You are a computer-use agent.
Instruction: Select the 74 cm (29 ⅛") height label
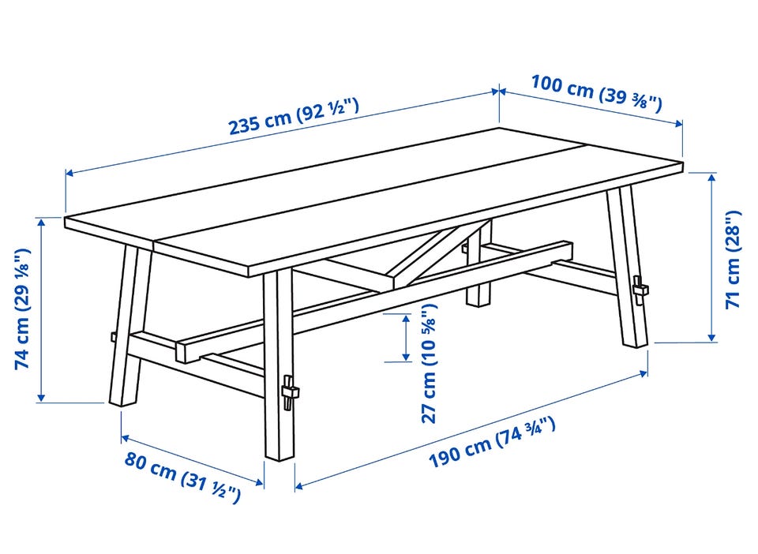pos(22,309)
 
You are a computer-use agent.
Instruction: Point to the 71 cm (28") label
pos(734,260)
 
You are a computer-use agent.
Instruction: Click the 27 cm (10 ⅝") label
pos(429,363)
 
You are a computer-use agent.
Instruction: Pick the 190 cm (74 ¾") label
pos(492,443)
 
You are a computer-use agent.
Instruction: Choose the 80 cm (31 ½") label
pos(182,476)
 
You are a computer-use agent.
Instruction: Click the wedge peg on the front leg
pos(289,392)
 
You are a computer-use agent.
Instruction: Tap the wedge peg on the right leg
pos(640,290)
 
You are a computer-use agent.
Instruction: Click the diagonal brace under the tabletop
pos(442,253)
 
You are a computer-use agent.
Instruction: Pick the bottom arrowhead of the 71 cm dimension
pos(711,337)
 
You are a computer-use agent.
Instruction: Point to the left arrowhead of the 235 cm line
pos(70,172)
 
